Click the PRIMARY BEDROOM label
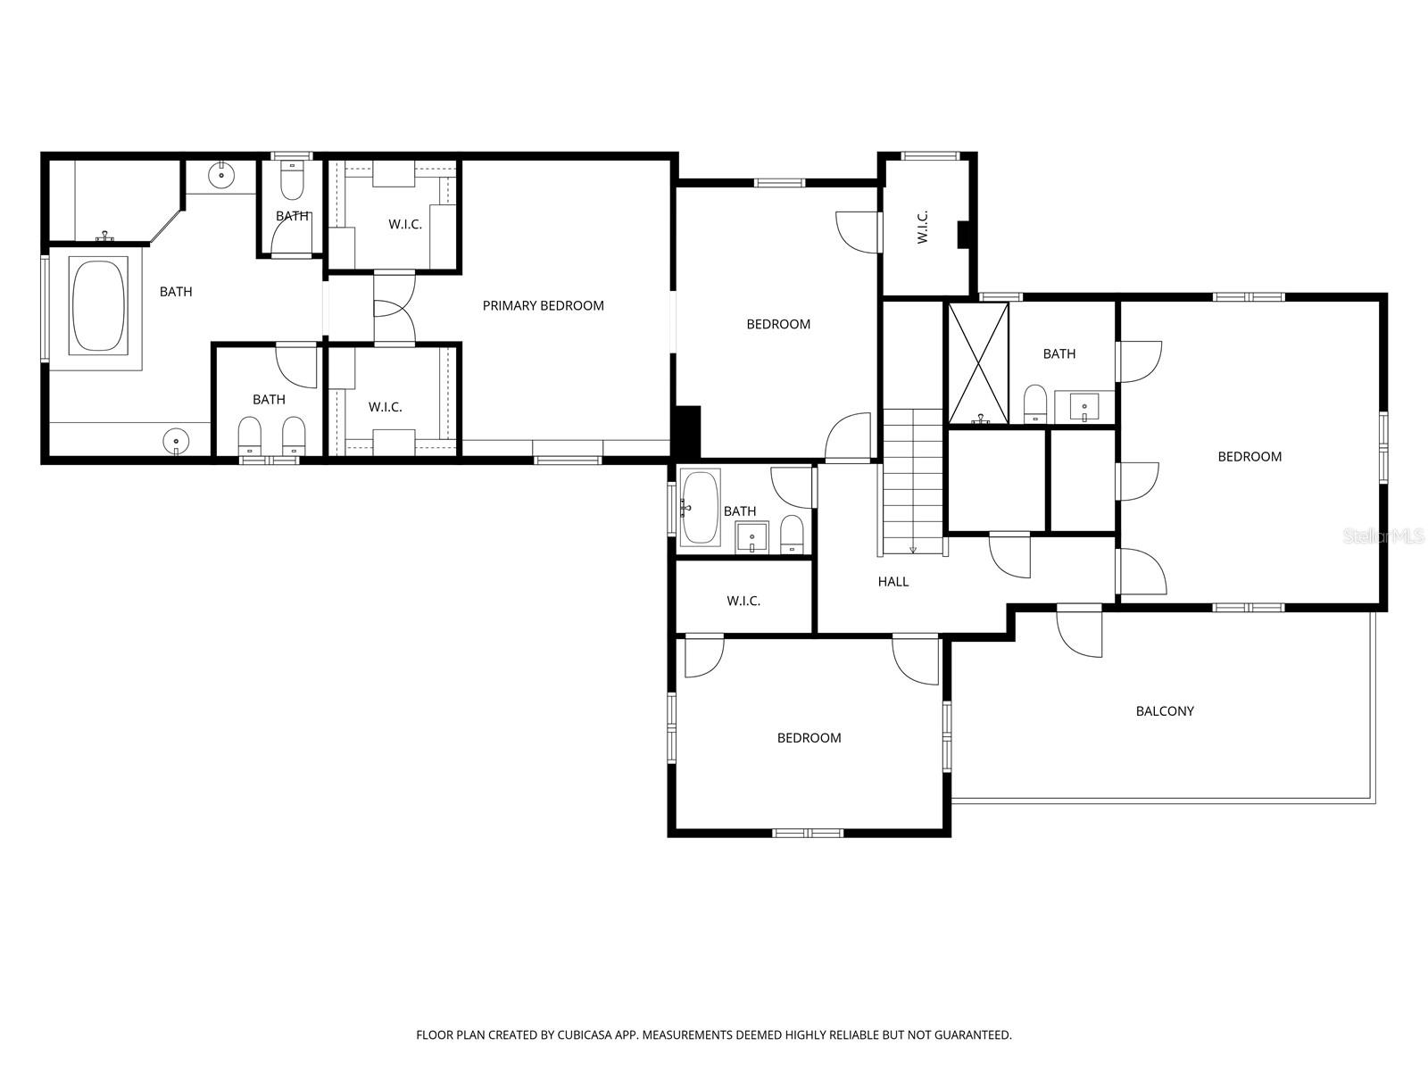point(543,305)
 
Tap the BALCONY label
point(1164,711)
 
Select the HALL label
point(892,582)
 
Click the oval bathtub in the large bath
point(99,304)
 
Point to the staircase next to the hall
point(912,482)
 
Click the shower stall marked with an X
point(978,362)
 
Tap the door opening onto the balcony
point(1079,632)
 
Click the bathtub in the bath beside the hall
point(701,509)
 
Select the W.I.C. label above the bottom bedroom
point(743,602)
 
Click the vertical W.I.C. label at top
point(922,227)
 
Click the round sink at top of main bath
point(220,176)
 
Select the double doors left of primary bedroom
point(394,309)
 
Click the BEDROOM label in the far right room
point(1249,457)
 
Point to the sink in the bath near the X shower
point(1084,407)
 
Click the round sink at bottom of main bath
point(177,440)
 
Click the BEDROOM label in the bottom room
point(809,738)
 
